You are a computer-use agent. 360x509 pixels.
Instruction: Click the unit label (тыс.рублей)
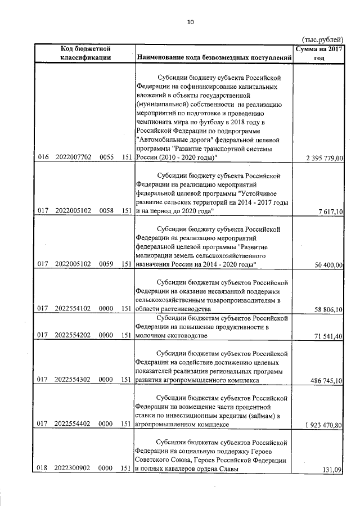click(x=322, y=39)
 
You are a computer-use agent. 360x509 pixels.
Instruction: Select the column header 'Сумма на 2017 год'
click(x=319, y=53)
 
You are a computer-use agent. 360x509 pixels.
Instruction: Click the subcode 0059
click(x=106, y=264)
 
